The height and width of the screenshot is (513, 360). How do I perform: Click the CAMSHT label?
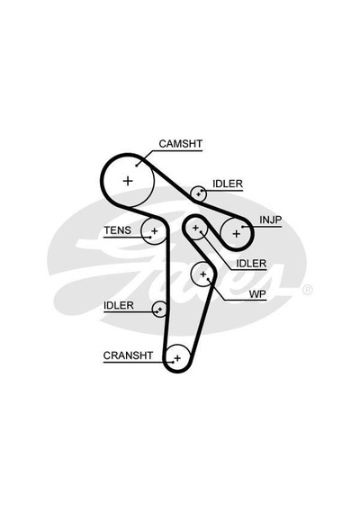[x=180, y=144]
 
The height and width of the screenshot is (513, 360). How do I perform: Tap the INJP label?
[x=270, y=220]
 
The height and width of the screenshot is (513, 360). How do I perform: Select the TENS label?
[x=118, y=230]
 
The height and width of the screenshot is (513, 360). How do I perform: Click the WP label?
[x=257, y=294]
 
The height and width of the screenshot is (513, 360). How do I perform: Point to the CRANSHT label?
[x=128, y=355]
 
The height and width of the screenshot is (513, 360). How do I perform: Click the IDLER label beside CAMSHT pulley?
[x=228, y=184]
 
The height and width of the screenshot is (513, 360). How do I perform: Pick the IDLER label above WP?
[x=251, y=264]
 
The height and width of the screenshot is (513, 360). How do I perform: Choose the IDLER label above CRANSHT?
[x=119, y=305]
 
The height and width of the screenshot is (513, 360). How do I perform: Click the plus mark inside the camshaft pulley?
[x=128, y=181]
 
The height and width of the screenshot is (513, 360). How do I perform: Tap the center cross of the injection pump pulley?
[x=237, y=234]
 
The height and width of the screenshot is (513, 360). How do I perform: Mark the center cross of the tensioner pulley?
[x=154, y=231]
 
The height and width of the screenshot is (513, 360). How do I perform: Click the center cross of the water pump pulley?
[x=203, y=274]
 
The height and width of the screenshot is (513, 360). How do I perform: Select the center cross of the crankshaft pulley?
[x=177, y=358]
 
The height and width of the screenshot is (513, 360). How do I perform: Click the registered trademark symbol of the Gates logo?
[x=308, y=290]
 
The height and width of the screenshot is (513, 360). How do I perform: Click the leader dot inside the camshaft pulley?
[x=137, y=166]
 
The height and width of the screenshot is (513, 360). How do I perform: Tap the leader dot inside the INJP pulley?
[x=242, y=227]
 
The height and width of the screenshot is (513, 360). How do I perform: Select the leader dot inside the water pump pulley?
[x=209, y=279]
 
